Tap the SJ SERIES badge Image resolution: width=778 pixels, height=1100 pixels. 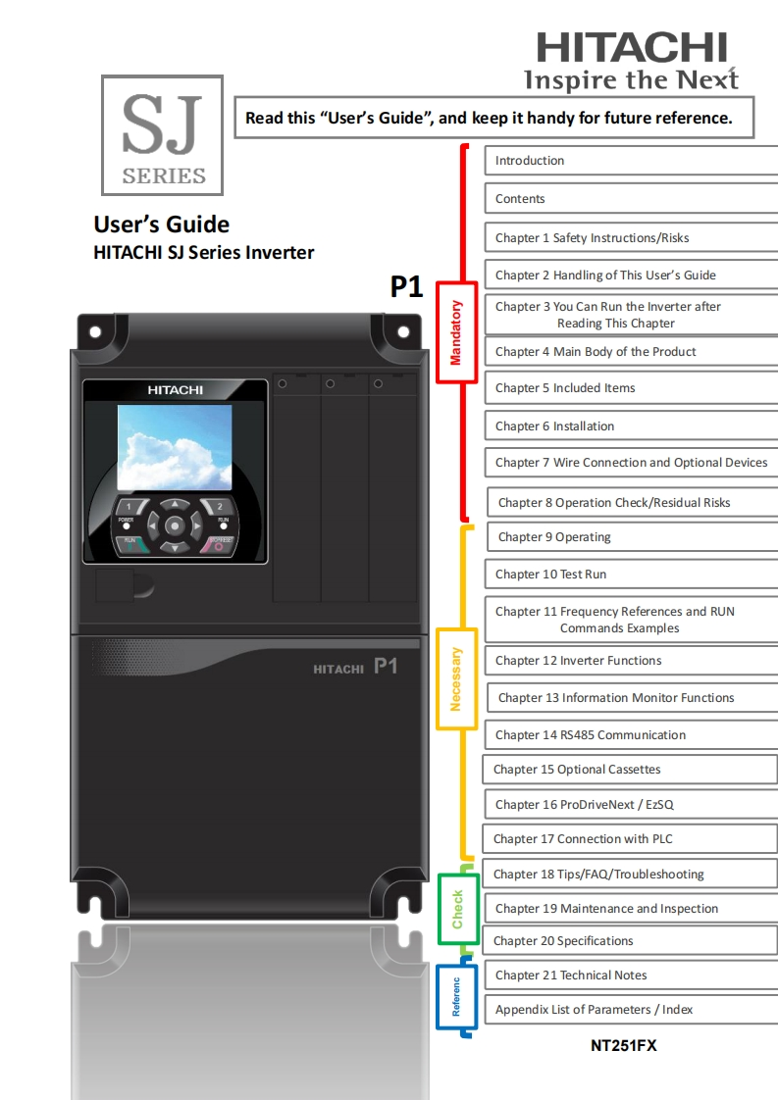pos(163,135)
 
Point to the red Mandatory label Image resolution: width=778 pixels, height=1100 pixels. pos(455,332)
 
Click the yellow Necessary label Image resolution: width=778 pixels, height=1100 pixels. pos(455,678)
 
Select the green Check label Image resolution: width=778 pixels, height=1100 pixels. pos(457,910)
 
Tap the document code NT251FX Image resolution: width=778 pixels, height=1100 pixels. pos(624,1046)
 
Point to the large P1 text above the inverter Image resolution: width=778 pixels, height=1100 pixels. pos(407,286)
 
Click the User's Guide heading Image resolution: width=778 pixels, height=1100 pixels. pos(162,225)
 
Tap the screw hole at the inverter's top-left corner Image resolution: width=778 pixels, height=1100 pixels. pos(95,331)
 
